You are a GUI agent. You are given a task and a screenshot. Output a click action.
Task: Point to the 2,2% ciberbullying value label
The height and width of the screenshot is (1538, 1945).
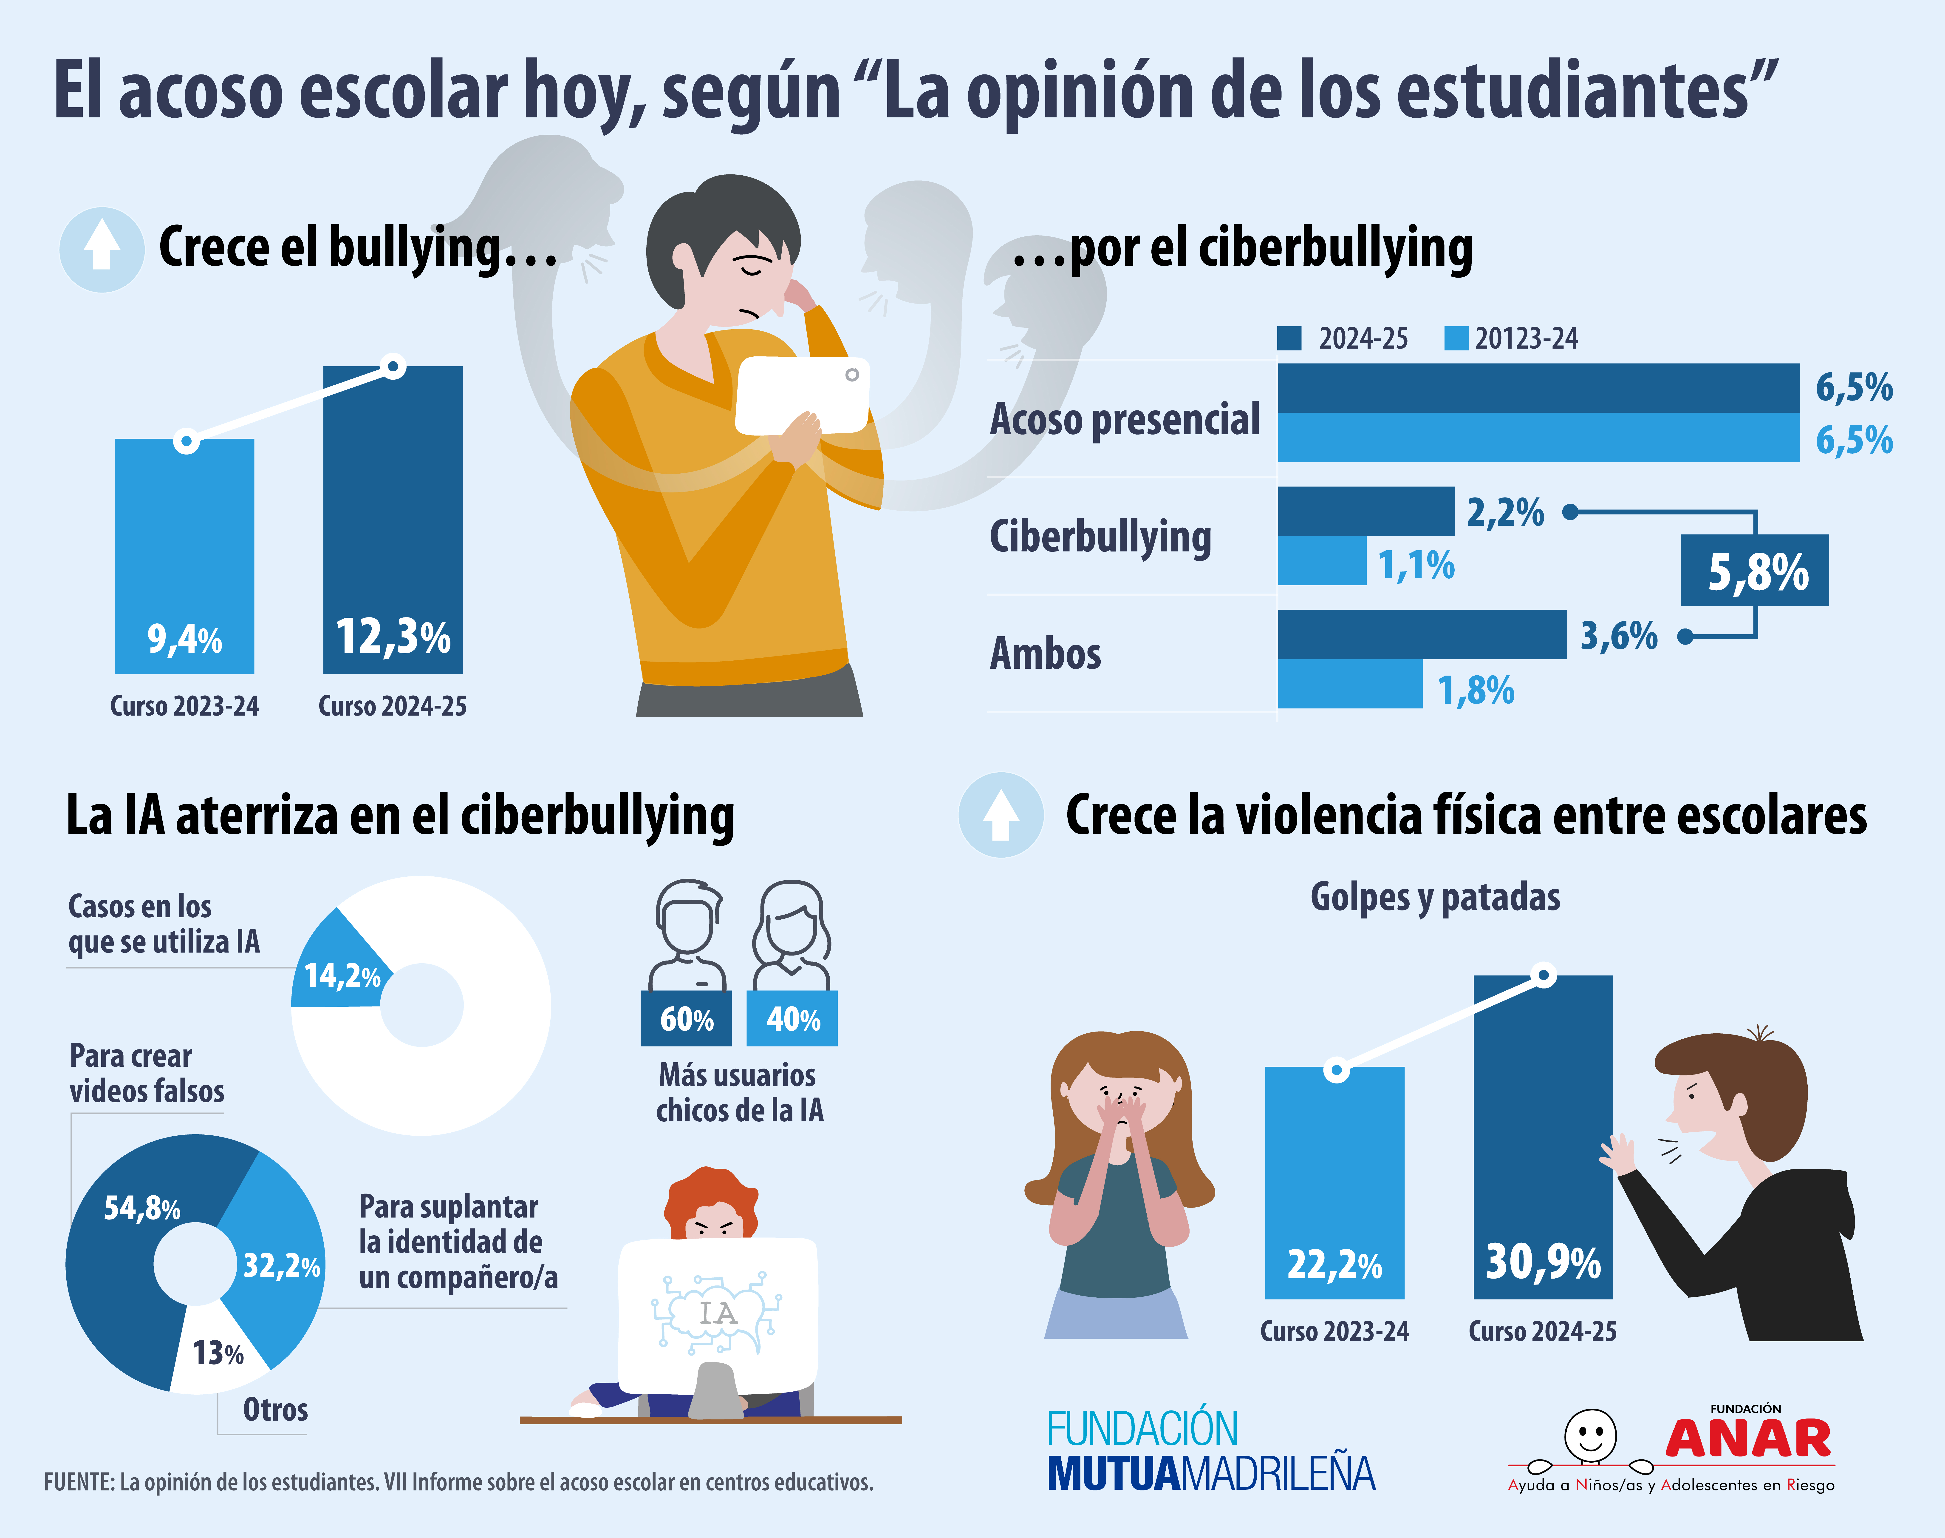click(1505, 512)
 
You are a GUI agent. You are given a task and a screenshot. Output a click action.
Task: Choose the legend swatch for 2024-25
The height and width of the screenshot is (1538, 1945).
click(1289, 338)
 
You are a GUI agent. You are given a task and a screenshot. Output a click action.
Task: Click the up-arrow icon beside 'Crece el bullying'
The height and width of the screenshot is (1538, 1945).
click(102, 249)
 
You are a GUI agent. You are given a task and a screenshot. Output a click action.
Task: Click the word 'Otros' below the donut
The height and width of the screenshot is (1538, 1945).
click(275, 1409)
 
